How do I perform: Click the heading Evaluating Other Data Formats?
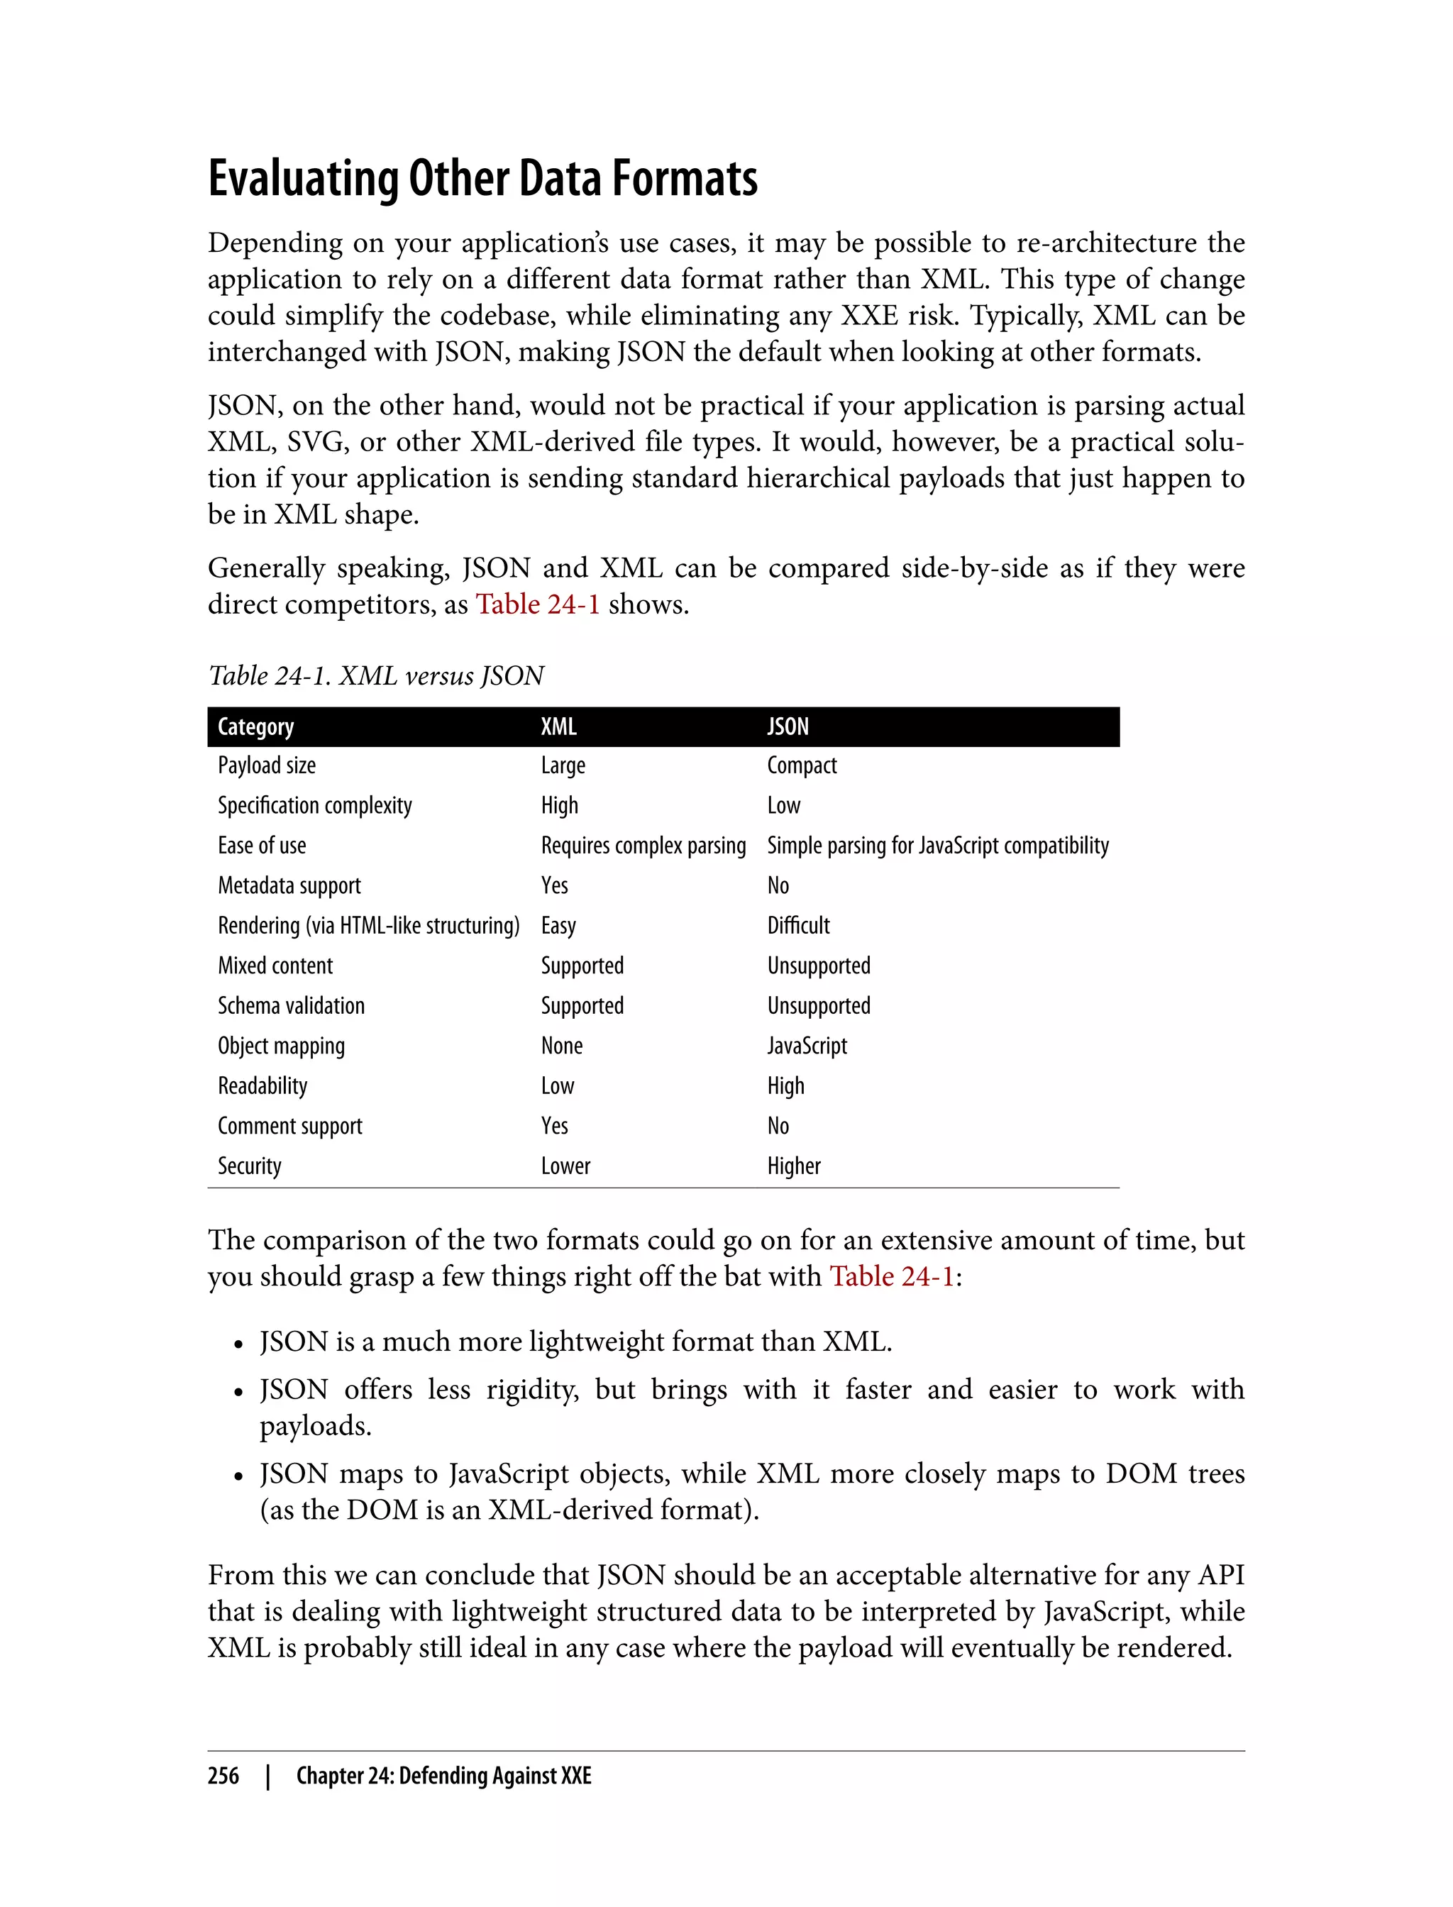(482, 179)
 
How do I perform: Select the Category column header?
(255, 726)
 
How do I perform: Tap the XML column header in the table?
(559, 726)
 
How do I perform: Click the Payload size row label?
(266, 765)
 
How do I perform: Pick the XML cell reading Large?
(563, 765)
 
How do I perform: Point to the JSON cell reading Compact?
(802, 765)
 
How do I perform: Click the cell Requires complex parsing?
(643, 846)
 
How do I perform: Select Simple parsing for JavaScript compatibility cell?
(937, 846)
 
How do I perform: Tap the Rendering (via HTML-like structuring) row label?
(368, 925)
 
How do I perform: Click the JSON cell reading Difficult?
(798, 925)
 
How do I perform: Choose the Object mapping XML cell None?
(561, 1046)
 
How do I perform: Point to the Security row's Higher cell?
(793, 1166)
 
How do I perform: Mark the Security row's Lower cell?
(565, 1166)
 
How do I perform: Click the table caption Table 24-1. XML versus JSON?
(376, 675)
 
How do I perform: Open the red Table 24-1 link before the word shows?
(537, 604)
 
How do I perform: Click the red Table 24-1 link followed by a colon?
(892, 1276)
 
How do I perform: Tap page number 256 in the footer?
(223, 1776)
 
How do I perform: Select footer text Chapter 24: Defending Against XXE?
(443, 1776)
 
